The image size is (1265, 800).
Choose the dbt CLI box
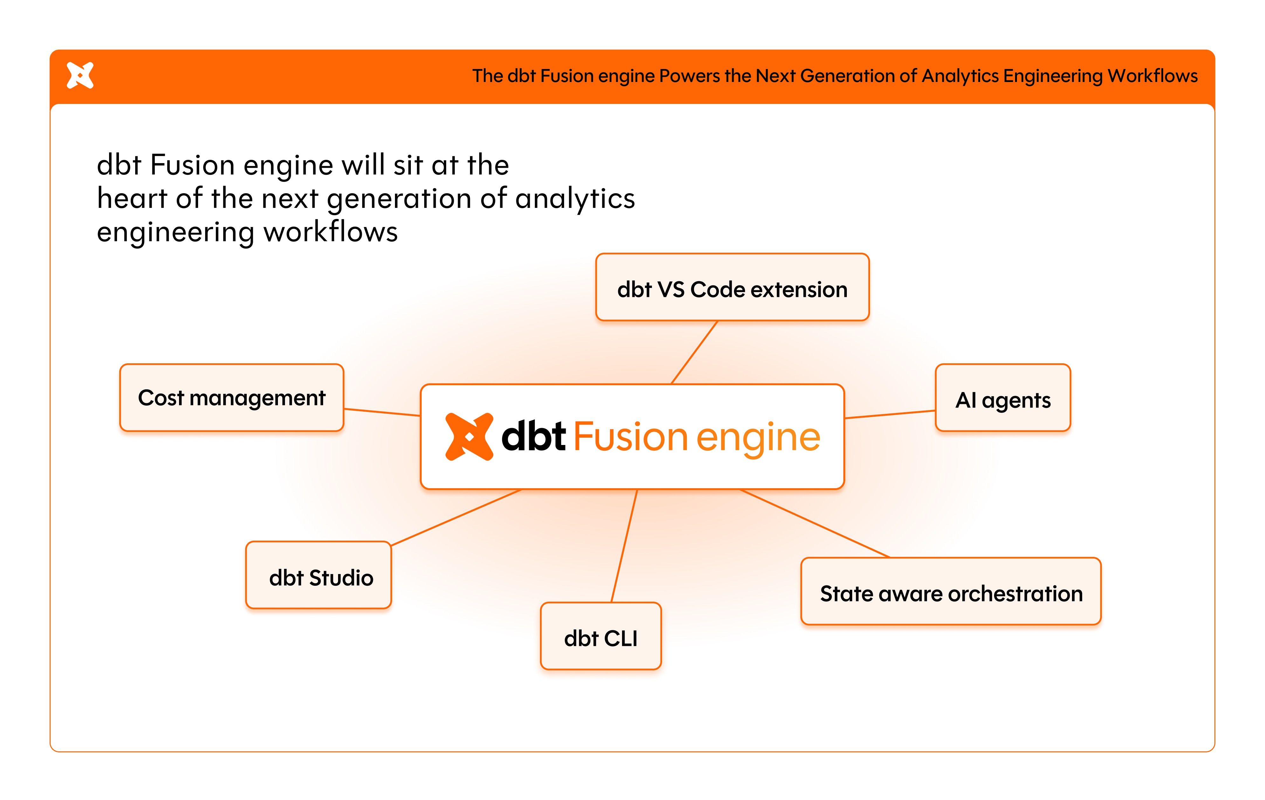click(x=600, y=636)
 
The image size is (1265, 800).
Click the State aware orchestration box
click(x=951, y=591)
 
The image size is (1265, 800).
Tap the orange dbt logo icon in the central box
click(x=469, y=437)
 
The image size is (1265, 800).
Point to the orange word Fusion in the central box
click(x=630, y=437)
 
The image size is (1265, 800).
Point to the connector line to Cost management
click(x=382, y=412)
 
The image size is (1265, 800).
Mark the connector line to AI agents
click(x=890, y=414)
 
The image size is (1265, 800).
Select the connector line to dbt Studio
click(x=456, y=517)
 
